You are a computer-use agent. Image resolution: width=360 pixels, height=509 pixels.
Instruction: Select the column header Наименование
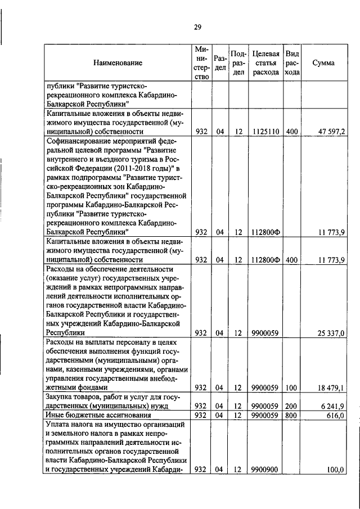click(118, 63)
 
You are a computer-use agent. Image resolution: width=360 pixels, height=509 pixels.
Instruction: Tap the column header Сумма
click(323, 63)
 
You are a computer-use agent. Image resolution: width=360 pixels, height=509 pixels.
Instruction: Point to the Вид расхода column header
click(292, 63)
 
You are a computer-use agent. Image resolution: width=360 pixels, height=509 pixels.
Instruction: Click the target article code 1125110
click(265, 132)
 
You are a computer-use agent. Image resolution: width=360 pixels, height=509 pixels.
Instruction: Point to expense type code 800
click(292, 415)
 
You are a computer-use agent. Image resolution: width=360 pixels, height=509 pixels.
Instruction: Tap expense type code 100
click(292, 388)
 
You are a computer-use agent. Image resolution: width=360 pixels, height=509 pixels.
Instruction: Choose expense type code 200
click(292, 406)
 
